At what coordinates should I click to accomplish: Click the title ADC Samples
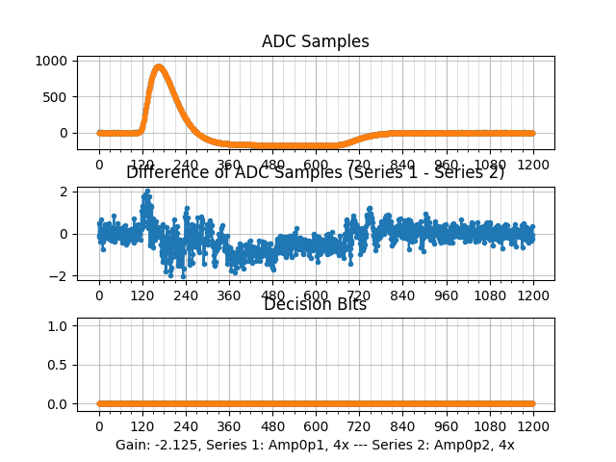315,41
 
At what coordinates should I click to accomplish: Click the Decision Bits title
315,305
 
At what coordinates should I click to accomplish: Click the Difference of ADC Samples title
315,172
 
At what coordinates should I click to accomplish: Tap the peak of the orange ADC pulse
159,66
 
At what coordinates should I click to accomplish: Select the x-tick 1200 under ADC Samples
533,165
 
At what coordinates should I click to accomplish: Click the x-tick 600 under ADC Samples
316,165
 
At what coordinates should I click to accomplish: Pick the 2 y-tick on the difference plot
62,192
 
